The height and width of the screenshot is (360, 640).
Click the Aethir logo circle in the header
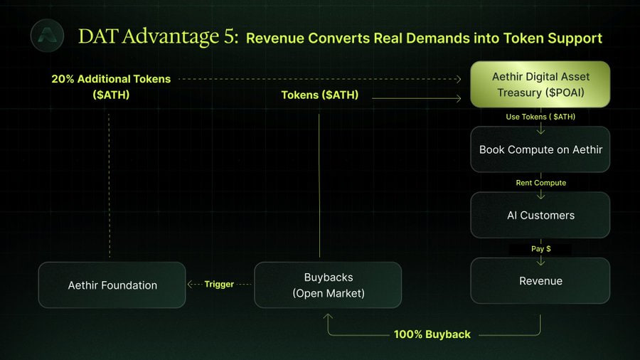point(48,36)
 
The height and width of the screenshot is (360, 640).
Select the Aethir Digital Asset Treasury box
point(540,85)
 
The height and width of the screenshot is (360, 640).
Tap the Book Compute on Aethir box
point(540,149)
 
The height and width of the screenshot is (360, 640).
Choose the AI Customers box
point(540,215)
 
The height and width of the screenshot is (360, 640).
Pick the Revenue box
point(540,281)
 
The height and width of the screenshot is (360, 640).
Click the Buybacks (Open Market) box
point(328,285)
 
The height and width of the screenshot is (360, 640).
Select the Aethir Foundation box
point(112,285)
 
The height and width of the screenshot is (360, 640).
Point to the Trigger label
point(219,284)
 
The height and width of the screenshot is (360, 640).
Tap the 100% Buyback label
point(432,334)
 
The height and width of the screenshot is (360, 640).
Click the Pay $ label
point(541,248)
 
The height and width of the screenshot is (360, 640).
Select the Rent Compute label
point(541,183)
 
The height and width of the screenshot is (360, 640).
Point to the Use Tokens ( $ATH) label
point(540,117)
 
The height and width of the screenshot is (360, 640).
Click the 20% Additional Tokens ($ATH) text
point(111,87)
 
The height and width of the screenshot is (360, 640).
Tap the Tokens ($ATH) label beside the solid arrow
point(319,95)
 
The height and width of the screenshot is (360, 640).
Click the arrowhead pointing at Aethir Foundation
point(190,284)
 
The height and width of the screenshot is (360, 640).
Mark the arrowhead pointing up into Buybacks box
point(328,317)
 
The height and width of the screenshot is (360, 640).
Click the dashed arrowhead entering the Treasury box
point(459,79)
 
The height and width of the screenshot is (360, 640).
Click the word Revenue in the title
point(275,38)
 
